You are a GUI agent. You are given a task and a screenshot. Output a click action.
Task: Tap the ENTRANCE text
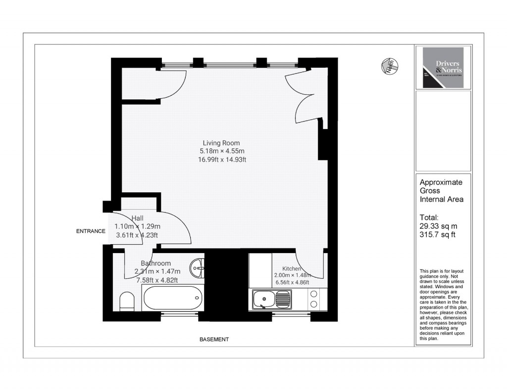(91, 231)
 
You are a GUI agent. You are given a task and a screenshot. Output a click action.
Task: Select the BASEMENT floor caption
(214, 340)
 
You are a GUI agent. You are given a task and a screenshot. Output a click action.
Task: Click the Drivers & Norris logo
(443, 68)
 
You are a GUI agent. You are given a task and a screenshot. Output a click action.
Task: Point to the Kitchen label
(292, 268)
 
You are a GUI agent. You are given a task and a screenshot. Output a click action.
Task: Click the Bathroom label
(155, 263)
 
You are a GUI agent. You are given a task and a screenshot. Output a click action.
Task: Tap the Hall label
(137, 218)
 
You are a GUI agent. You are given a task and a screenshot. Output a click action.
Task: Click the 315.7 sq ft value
(437, 234)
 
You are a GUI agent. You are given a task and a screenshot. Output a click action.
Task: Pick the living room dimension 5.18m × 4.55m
(222, 151)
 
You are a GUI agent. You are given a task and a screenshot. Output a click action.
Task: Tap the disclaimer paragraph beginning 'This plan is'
(443, 304)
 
